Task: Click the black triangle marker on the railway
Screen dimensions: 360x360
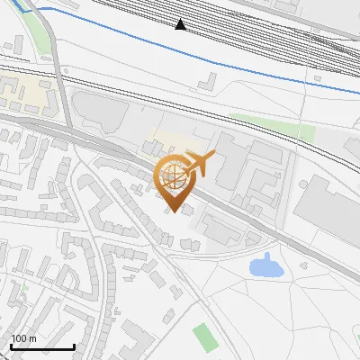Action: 181,24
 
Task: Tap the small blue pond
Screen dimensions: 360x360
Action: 265,265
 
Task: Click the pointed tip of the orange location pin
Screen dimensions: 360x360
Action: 172,211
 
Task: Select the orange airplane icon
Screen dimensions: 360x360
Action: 197,164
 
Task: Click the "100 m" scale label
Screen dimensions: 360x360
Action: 23,338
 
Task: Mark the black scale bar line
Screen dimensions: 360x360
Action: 41,347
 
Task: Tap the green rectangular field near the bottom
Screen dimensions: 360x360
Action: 205,337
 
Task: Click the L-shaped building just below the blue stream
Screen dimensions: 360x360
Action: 206,82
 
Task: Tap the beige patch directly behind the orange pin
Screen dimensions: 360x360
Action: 162,144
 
